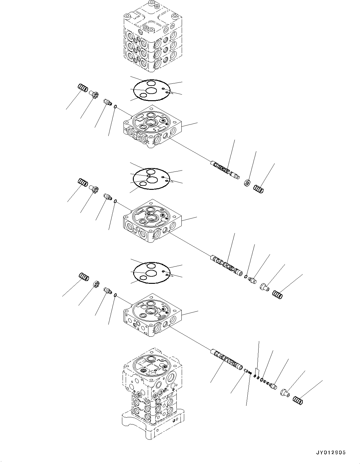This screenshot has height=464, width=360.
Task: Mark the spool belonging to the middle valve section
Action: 226,265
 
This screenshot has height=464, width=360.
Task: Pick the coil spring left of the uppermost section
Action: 82,88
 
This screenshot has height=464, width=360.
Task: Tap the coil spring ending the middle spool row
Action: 277,294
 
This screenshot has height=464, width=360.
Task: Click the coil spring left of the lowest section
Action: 83,276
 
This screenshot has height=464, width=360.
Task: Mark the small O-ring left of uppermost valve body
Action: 115,107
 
